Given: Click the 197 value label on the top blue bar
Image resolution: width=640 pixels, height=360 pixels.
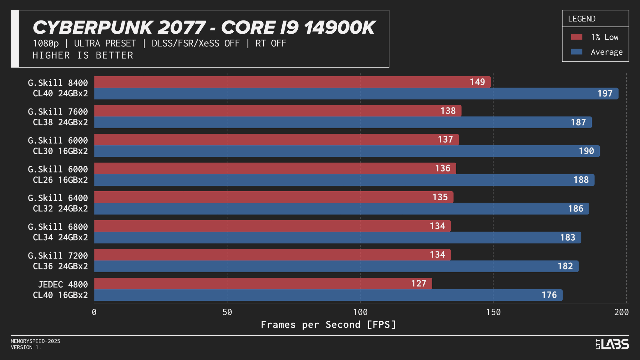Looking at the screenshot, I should click(x=605, y=93).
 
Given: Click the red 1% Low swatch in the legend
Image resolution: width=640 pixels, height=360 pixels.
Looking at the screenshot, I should click(x=576, y=37).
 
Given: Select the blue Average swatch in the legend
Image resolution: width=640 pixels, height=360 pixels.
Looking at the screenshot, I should click(x=576, y=52).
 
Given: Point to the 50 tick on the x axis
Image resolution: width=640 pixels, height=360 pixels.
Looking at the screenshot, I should click(x=227, y=312).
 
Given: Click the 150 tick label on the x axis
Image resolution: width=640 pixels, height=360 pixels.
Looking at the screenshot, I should click(x=493, y=312).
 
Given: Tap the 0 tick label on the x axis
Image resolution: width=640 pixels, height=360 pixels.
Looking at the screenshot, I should click(x=94, y=312).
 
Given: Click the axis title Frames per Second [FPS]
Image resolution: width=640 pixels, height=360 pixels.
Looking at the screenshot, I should click(x=328, y=324).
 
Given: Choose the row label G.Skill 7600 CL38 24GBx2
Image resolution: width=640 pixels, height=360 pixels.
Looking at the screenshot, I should click(x=58, y=117).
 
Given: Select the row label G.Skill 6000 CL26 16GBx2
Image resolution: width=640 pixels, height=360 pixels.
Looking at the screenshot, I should click(x=58, y=174).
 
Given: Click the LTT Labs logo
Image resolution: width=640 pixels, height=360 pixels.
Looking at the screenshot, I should click(x=612, y=344).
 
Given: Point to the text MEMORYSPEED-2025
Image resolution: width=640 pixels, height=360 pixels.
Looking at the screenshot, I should click(x=36, y=341).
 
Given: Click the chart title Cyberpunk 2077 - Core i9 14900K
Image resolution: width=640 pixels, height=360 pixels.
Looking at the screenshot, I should click(x=204, y=28).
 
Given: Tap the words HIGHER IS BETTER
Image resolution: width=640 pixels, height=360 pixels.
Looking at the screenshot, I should click(x=83, y=55).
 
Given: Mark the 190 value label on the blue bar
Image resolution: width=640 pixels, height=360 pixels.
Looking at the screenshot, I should click(x=586, y=151).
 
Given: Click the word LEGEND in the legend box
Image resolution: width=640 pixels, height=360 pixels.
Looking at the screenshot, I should click(x=581, y=19).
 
